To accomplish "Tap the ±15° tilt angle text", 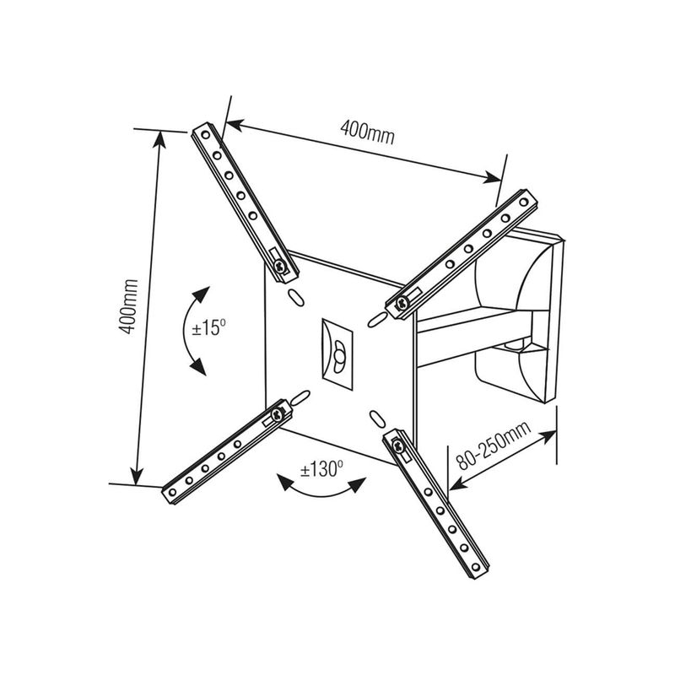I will click(209, 327).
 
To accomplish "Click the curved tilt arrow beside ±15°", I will click(191, 329).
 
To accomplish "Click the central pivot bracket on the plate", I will click(339, 353).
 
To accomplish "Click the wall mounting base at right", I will click(527, 312).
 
